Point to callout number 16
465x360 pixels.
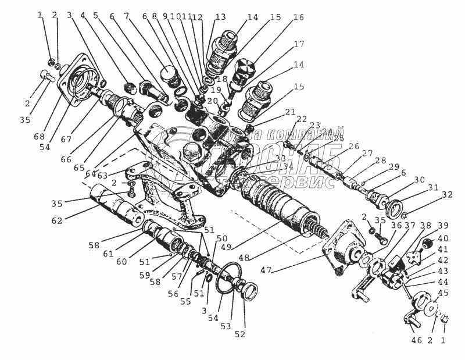pyautogui.click(x=298, y=18)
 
